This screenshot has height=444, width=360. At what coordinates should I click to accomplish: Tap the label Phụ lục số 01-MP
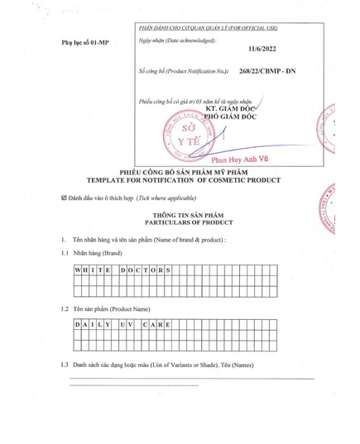(x=85, y=41)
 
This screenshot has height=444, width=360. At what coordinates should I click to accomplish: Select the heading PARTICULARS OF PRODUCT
(x=179, y=223)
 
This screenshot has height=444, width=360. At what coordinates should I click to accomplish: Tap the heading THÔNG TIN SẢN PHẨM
(x=180, y=215)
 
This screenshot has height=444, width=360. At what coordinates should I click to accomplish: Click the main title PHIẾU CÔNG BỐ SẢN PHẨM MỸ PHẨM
(x=179, y=174)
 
